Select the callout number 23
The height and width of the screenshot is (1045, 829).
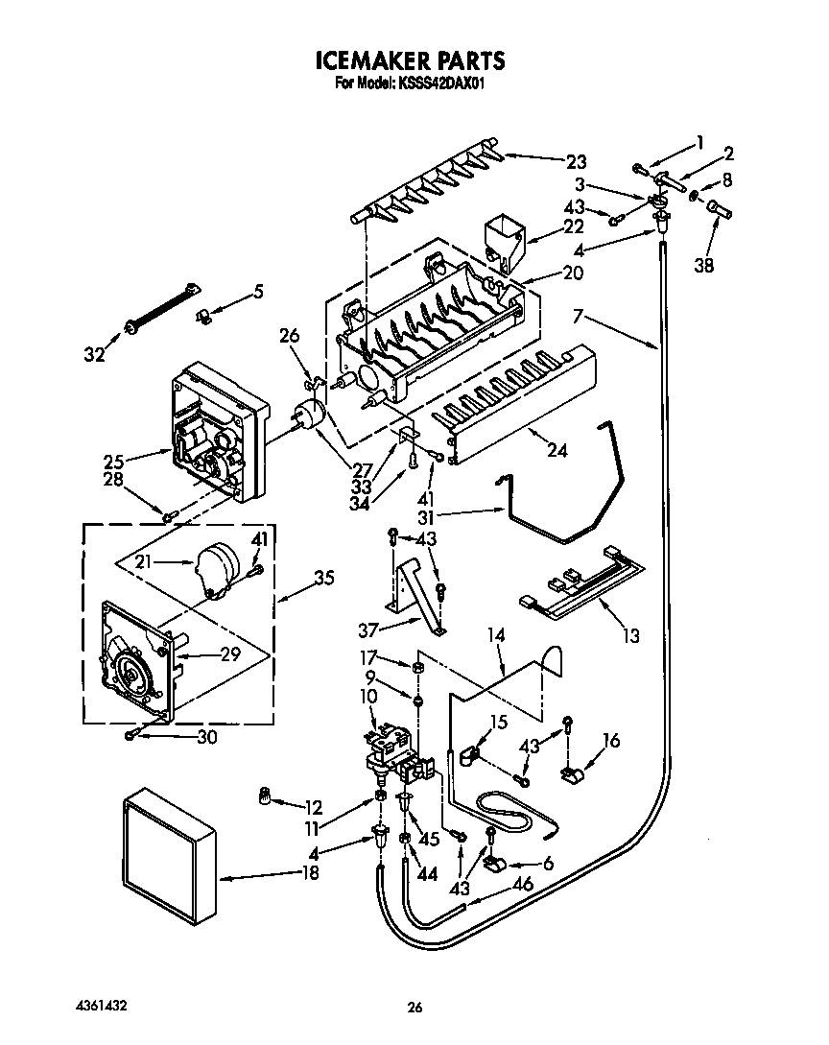pyautogui.click(x=576, y=161)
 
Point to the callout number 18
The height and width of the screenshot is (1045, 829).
pyautogui.click(x=308, y=872)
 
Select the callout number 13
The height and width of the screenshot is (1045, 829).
pyautogui.click(x=630, y=634)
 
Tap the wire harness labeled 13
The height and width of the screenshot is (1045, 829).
pyautogui.click(x=577, y=587)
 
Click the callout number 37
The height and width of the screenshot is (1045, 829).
pyautogui.click(x=367, y=629)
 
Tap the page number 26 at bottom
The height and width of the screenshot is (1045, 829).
pyautogui.click(x=414, y=1007)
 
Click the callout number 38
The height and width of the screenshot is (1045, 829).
pyautogui.click(x=704, y=267)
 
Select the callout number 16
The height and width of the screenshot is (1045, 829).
pyautogui.click(x=610, y=740)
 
